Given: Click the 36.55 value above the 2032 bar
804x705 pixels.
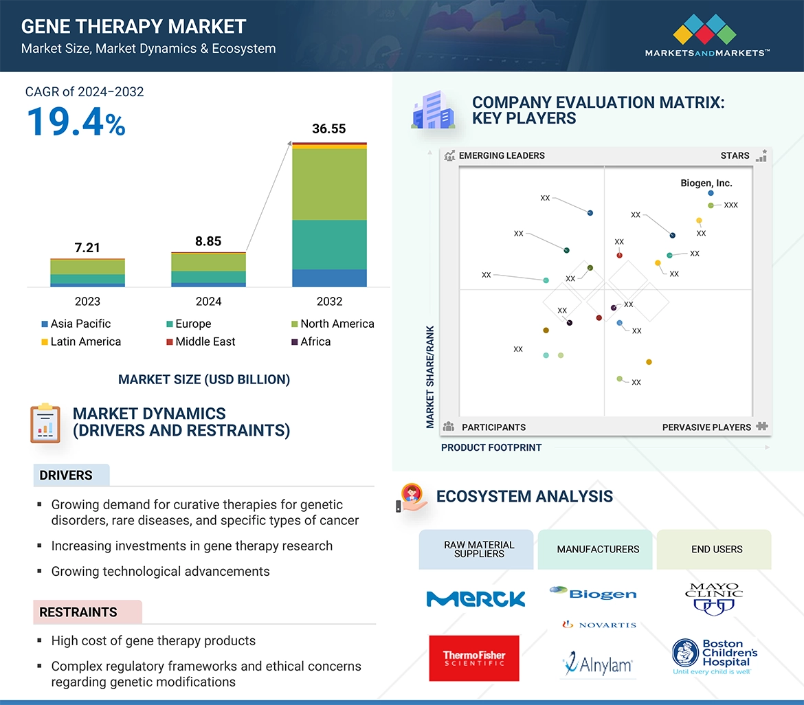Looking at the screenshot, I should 328,129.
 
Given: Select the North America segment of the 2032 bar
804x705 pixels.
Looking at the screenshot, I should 329,184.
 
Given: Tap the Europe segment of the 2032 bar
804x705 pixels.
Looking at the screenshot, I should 329,245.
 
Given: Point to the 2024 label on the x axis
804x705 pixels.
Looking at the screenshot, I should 208,302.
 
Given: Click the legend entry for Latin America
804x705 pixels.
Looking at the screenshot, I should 80,342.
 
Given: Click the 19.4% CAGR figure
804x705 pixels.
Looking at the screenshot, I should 76,122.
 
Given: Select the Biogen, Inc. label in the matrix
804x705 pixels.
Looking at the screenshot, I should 706,183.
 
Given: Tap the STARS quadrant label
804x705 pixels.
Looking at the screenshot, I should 735,156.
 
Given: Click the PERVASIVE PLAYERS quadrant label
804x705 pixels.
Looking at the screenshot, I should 706,427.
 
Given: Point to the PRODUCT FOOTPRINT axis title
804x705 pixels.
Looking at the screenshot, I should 491,448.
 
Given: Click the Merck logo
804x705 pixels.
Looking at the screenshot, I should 475,598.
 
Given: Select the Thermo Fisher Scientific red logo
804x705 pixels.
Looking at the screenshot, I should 474,658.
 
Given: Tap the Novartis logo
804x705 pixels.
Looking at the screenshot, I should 599,625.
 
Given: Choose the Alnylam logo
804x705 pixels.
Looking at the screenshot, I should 597,664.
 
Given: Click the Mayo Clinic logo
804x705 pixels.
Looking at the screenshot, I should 714,598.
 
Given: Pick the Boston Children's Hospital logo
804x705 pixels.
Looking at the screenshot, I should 715,657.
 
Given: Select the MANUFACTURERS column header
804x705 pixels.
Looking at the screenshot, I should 598,550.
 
